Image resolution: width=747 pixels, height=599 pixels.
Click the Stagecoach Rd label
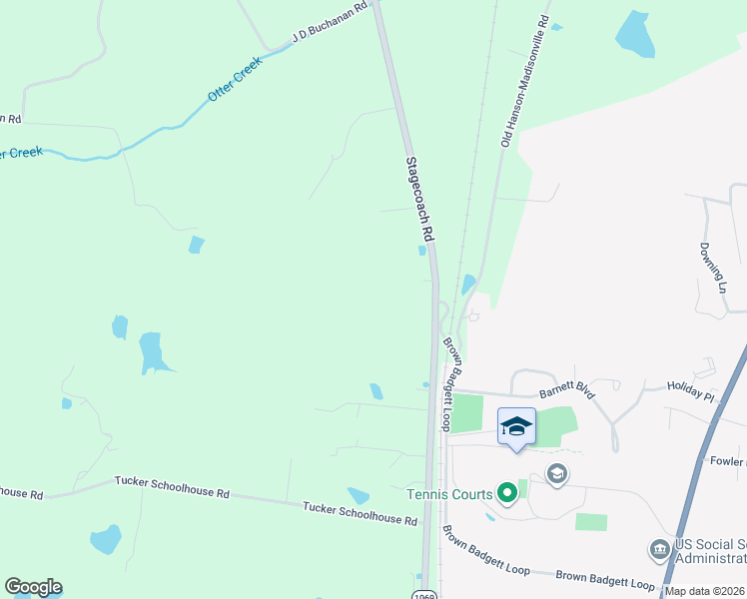point(420,199)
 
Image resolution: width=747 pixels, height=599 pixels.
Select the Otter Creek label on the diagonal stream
point(235,79)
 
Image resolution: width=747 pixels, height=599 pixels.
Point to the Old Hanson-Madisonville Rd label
point(525,82)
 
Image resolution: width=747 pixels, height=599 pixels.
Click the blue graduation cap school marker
point(516,427)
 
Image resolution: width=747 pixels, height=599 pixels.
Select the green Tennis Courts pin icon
point(506,492)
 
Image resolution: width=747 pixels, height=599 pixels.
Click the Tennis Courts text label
point(449,494)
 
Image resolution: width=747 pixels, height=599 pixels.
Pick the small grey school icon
point(557,473)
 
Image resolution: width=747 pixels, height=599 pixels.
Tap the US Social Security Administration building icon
point(659,549)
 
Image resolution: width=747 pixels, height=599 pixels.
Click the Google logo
point(33,587)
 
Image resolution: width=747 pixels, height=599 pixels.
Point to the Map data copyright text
point(705,591)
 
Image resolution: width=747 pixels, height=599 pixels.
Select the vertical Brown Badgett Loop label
point(454,383)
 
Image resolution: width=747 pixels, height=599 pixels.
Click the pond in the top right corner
point(634,34)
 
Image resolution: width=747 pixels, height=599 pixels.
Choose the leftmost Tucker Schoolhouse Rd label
point(21,493)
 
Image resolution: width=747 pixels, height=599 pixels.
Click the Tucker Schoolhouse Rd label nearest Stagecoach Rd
point(361,514)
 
